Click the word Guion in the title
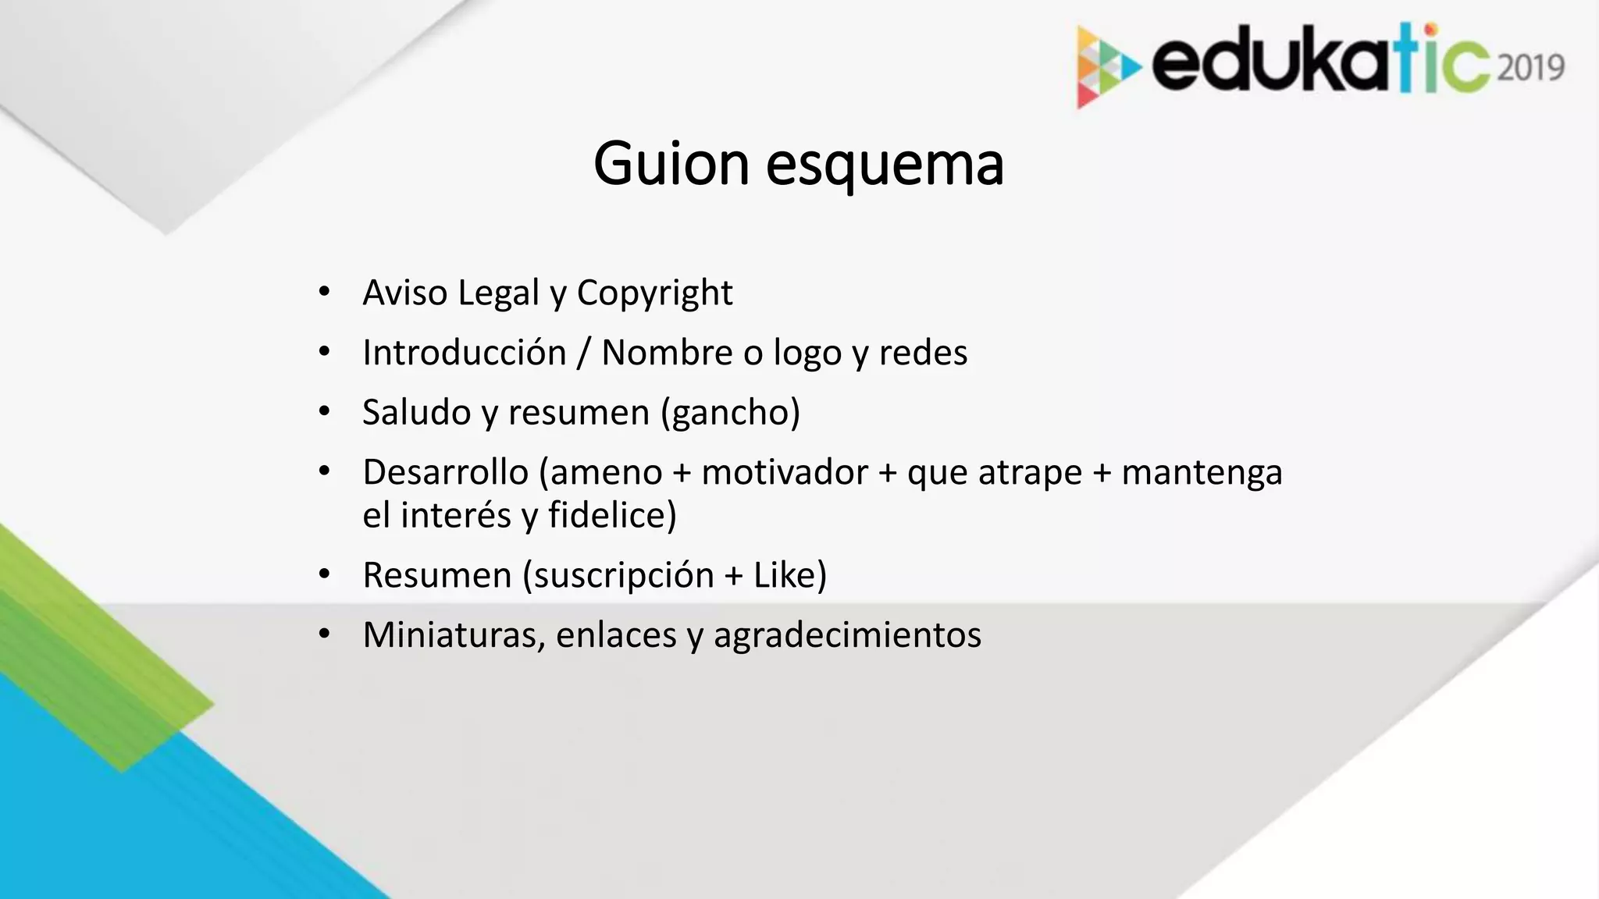pyautogui.click(x=671, y=164)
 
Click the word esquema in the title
pyautogui.click(x=885, y=165)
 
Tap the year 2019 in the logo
pyautogui.click(x=1531, y=68)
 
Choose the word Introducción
pyautogui.click(x=465, y=353)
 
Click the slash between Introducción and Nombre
pyautogui.click(x=583, y=353)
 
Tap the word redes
pyautogui.click(x=923, y=353)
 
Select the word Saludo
pyautogui.click(x=416, y=412)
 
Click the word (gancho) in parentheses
pyautogui.click(x=730, y=413)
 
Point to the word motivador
pyautogui.click(x=784, y=472)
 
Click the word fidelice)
pyautogui.click(x=612, y=515)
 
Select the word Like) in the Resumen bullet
pyautogui.click(x=789, y=575)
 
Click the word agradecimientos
pyautogui.click(x=847, y=635)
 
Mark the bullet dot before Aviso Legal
pyautogui.click(x=325, y=293)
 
